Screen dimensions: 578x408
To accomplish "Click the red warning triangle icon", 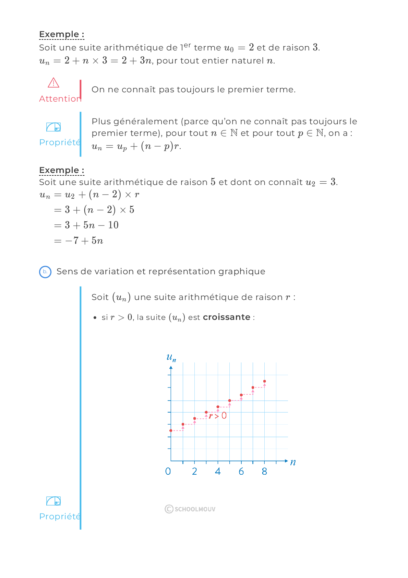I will [53, 83].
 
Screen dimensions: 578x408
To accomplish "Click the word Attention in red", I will [60, 99].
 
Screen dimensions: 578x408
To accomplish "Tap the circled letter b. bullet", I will [45, 272].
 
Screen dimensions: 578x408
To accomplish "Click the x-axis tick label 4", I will [218, 472].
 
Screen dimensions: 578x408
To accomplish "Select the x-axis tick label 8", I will [264, 472].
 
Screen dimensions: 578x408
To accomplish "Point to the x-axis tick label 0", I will [168, 472].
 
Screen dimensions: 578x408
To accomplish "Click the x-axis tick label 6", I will [241, 472].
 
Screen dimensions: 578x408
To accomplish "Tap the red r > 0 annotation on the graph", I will [218, 416].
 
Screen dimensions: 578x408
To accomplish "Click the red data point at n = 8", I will [264, 381].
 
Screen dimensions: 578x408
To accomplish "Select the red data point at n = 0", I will [171, 430].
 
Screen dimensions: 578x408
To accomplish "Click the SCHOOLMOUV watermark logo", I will [190, 509].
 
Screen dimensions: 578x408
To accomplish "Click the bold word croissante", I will [226, 317].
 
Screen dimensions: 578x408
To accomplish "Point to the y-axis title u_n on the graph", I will [171, 358].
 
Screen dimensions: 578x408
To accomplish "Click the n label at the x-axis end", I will [293, 462].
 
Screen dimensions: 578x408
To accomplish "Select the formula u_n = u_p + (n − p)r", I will [136, 147].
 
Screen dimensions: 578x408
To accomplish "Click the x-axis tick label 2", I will [194, 472].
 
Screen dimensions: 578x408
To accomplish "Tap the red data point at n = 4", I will [218, 407].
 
